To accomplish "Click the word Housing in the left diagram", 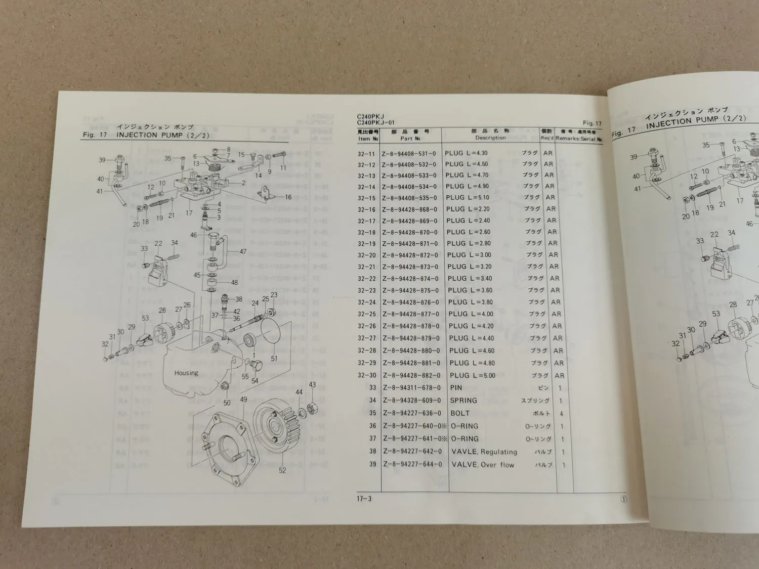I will (186, 373).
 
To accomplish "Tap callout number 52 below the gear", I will (282, 470).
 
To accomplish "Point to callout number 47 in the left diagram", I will (243, 251).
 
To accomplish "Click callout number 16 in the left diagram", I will (288, 197).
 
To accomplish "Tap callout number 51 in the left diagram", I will (274, 359).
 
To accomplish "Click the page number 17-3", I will (364, 499).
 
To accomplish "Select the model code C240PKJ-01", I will (375, 122).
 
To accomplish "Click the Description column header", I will (490, 138).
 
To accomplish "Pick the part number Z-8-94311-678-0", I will (411, 388).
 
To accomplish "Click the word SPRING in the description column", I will (463, 400).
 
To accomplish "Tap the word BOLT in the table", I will (460, 413).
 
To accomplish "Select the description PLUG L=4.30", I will (466, 153).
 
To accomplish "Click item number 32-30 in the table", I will (367, 376).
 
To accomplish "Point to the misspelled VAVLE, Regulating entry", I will (484, 452).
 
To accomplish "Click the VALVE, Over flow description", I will (483, 464).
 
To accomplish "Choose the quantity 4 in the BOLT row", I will (561, 413).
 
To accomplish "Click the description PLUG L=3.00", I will (469, 255).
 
